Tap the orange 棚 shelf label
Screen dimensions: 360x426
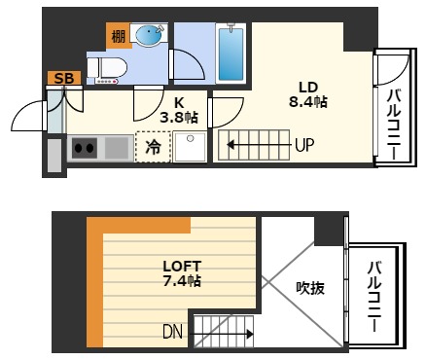118,38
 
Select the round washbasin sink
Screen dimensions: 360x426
149,36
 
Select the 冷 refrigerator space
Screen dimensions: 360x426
154,148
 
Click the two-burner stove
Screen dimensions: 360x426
85,149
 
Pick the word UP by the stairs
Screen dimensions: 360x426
304,147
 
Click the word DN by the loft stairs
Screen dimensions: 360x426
173,333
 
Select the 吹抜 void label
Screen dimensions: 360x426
310,288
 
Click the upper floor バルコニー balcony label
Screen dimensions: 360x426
394,125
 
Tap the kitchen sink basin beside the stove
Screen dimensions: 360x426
117,149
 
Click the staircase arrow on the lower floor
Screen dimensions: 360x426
258,147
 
